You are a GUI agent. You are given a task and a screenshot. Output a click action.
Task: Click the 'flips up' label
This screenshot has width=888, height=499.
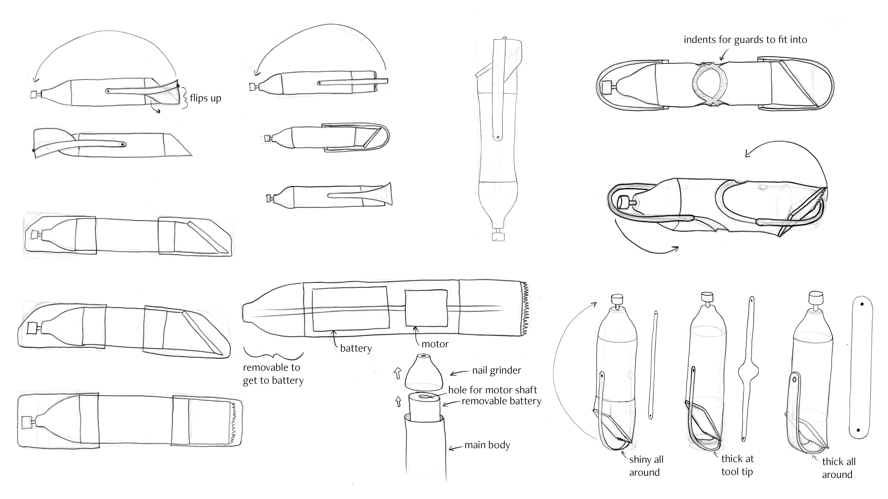click(205, 98)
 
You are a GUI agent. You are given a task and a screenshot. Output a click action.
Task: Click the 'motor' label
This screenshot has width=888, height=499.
click(435, 344)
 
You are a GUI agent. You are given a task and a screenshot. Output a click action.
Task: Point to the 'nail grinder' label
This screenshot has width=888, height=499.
click(496, 371)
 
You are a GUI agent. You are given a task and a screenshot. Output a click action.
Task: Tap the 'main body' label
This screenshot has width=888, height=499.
click(487, 445)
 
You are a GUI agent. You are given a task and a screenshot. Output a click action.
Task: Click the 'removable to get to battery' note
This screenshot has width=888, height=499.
click(273, 374)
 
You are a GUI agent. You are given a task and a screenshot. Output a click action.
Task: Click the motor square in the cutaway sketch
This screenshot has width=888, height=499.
click(426, 308)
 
